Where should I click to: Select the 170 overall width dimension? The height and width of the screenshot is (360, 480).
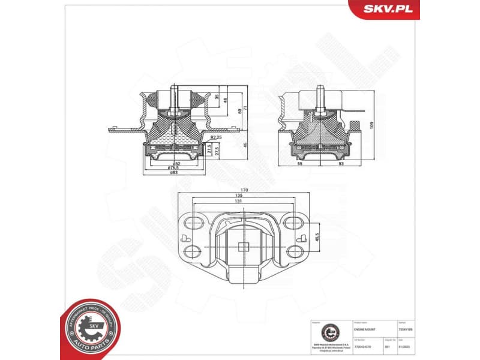click(x=245, y=190)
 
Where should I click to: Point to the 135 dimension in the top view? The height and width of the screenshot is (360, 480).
click(x=239, y=196)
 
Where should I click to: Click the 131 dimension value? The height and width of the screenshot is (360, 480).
click(x=239, y=202)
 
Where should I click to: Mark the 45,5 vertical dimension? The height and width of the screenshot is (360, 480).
click(x=317, y=237)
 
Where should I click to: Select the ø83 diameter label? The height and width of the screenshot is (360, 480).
click(x=174, y=173)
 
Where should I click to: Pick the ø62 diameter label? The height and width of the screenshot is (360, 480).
click(x=176, y=163)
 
